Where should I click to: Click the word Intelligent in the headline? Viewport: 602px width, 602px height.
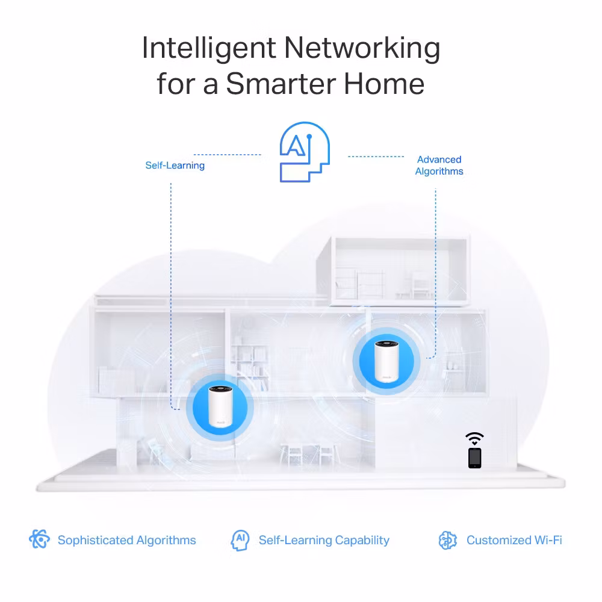point(209,48)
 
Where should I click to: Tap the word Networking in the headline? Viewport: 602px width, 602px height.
point(362,48)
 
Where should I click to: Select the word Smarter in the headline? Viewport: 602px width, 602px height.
point(281,83)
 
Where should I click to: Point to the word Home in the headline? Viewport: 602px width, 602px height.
point(384,83)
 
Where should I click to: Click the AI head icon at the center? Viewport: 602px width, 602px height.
point(305,152)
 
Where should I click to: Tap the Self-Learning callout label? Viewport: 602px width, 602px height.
point(175,166)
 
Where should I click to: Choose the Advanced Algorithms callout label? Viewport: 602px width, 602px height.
point(439,166)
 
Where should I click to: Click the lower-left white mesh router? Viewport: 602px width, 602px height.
point(220,406)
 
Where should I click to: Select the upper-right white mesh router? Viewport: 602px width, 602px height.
point(386,361)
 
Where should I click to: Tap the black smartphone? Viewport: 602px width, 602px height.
point(475,458)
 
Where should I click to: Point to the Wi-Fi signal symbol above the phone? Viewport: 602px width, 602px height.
point(475,438)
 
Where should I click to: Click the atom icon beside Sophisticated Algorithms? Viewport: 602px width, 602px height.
point(40,539)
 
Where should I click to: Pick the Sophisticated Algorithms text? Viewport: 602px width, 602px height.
point(126,540)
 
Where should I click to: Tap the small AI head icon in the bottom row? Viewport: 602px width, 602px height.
point(240,540)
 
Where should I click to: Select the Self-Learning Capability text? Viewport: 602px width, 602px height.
point(324,540)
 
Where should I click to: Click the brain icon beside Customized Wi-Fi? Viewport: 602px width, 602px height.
point(448,540)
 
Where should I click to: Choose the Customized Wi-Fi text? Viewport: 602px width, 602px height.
point(514,540)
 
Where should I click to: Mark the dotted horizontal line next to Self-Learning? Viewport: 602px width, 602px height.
point(228,155)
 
